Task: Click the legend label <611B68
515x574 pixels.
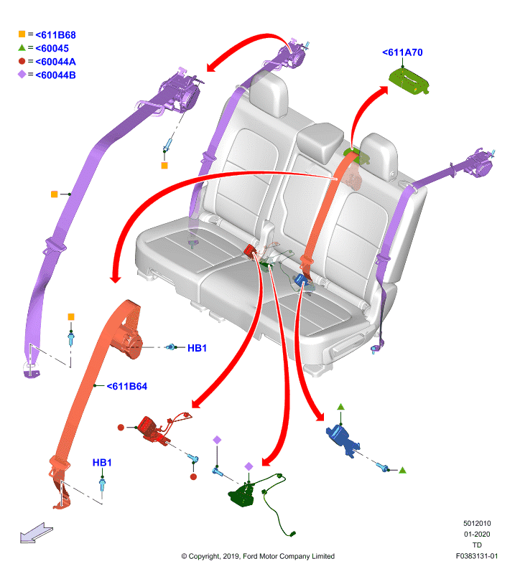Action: [x=55, y=35]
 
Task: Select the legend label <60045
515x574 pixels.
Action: [x=52, y=48]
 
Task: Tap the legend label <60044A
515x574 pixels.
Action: [x=55, y=62]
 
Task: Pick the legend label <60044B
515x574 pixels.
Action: [x=55, y=75]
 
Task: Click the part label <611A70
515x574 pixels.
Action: [x=402, y=52]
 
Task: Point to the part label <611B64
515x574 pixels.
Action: [x=127, y=386]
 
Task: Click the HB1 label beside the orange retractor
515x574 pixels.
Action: [x=198, y=348]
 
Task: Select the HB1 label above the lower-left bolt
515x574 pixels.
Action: [x=102, y=463]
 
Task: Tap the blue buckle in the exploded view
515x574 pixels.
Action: [x=343, y=440]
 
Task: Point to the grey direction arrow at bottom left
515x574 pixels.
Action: [x=36, y=533]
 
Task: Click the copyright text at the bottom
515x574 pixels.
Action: [x=258, y=557]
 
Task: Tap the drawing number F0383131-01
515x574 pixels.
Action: [x=477, y=556]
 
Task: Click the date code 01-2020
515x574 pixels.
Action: [x=477, y=534]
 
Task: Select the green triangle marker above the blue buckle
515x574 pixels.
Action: [x=341, y=407]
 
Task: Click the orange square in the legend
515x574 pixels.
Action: [x=22, y=34]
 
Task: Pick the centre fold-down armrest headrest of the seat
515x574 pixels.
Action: [x=320, y=143]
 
